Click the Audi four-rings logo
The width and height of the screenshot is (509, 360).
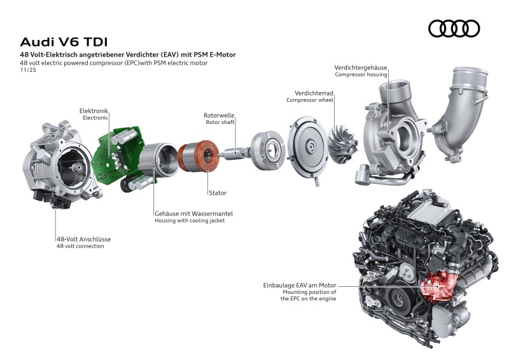click(454, 29)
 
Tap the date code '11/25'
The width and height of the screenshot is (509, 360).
click(27, 71)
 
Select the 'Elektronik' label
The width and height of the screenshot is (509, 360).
click(94, 110)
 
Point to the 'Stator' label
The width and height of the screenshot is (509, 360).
click(217, 192)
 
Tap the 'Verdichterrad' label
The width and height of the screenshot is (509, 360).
click(314, 93)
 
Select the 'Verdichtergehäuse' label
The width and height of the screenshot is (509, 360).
click(361, 67)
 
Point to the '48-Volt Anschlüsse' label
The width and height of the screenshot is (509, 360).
click(83, 239)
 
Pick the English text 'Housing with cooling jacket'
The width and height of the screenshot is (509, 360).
click(190, 221)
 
